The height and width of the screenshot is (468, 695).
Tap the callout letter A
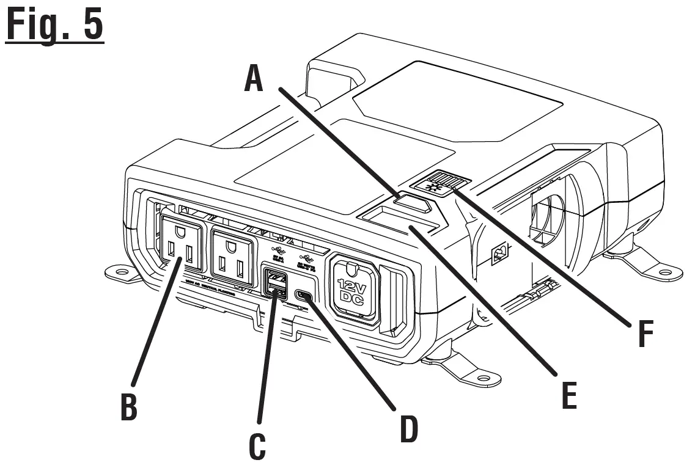tap(254, 79)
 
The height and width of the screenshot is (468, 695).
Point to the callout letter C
tap(257, 445)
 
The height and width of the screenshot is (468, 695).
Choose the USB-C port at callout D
tap(304, 296)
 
